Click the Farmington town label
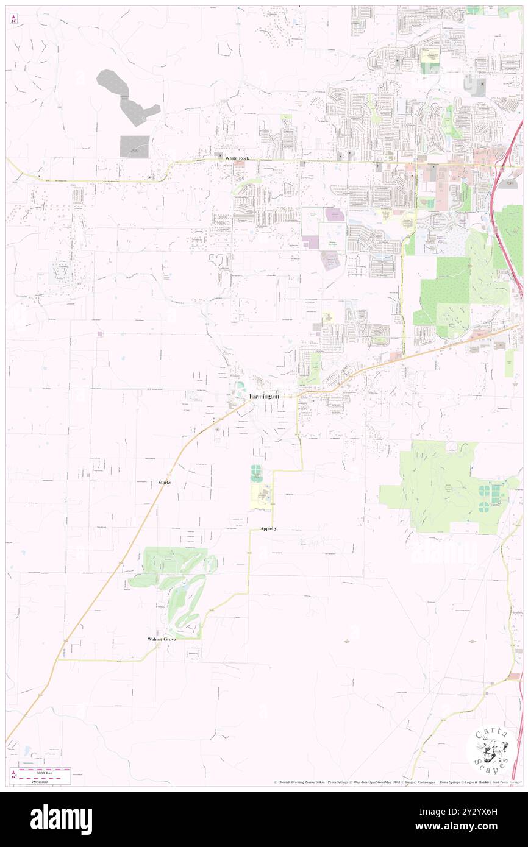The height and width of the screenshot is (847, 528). [265, 396]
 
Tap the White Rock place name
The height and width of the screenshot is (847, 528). [237, 158]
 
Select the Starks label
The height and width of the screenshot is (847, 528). [165, 482]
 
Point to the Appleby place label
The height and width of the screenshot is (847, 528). [268, 528]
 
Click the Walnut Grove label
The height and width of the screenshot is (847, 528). [162, 639]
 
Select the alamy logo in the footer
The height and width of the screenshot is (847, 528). [61, 820]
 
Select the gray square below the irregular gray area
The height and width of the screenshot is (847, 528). [134, 146]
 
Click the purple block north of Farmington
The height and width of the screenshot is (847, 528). [335, 214]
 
